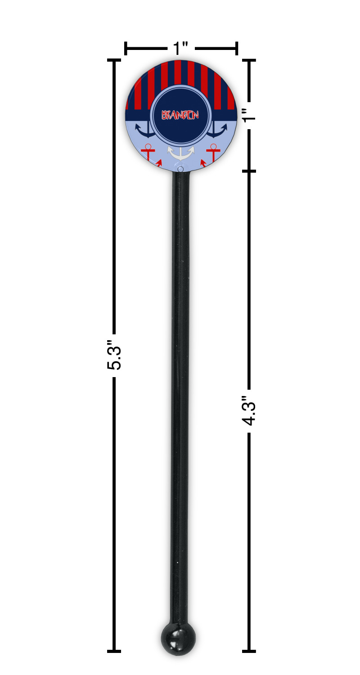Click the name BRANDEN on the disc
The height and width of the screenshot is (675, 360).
(180, 115)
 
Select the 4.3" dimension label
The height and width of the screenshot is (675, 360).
(249, 410)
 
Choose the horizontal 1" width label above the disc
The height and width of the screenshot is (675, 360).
(180, 48)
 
